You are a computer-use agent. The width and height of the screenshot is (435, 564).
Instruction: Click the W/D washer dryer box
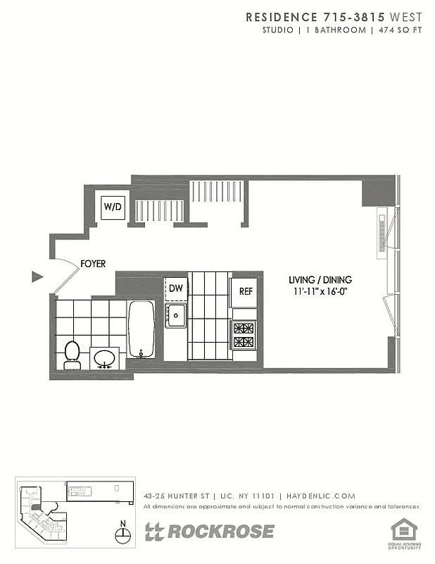coord(113,207)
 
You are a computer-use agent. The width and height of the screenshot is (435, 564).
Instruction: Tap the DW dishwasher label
coord(175,288)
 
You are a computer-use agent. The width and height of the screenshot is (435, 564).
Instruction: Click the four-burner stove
coord(244,335)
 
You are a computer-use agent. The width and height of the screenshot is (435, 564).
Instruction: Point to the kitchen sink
coord(175,315)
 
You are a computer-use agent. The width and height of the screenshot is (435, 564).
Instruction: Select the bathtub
coord(141,329)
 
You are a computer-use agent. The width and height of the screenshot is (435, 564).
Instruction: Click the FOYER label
coord(93,264)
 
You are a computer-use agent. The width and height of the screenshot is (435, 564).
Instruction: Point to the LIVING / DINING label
coord(324,279)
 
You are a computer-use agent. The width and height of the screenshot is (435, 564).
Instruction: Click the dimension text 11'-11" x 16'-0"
coord(324,290)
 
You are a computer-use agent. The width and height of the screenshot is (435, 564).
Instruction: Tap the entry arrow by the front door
coord(37,276)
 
